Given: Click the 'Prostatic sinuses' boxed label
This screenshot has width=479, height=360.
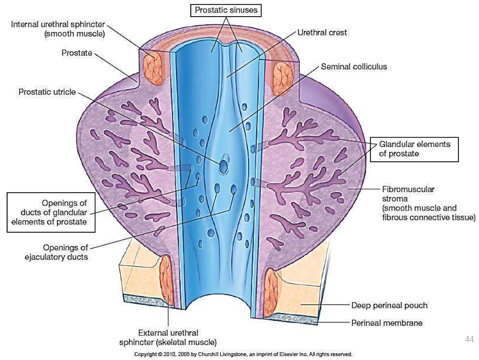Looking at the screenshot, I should pos(226,10).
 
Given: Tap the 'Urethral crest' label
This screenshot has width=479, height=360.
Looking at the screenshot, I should pos(322,33).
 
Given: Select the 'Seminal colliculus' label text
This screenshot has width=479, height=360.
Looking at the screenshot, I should pos(354,67).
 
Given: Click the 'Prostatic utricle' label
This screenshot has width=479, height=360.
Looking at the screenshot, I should pos(47,92).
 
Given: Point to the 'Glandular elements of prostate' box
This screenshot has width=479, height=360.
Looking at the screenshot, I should pos(414,149).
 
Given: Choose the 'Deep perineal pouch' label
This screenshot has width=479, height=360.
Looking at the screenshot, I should pos(389,305).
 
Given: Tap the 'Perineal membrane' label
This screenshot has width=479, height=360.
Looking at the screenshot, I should pos(387,323).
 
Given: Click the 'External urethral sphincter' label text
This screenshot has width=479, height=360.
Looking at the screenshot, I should pos(168,338).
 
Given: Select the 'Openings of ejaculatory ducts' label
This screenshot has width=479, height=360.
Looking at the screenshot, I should pos(57,252).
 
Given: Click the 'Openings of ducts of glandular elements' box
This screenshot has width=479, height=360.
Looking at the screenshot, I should pos(51,212).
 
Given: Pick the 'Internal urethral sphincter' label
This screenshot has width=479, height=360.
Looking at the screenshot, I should pos(58,29).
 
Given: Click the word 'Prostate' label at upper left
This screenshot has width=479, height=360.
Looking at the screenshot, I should pos(77,53).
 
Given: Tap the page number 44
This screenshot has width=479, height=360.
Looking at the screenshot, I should pos(469,339).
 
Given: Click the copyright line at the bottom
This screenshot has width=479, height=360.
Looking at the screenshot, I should pos(243,354).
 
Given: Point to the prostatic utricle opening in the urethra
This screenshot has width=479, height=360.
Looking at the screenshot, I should pos(223,167).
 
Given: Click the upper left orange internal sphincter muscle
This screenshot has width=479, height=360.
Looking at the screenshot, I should pos(152,69).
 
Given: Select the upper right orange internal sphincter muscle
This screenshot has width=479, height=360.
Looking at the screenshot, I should pos(282,79).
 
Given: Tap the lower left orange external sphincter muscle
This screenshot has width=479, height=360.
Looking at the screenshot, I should pos(167,280).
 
